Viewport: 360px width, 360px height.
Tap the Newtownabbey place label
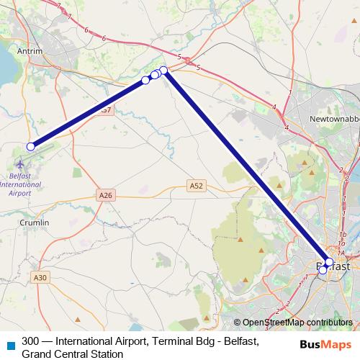(332, 117)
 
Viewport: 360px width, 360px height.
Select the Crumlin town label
(35, 222)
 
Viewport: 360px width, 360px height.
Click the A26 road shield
(106, 195)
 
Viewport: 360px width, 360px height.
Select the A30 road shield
(40, 277)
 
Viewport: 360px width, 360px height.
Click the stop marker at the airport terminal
(30, 147)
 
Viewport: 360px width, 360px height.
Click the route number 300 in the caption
(31, 341)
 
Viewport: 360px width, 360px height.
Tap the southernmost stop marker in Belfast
(323, 271)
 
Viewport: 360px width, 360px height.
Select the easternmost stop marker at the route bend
(163, 70)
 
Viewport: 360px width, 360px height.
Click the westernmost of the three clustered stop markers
(146, 79)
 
